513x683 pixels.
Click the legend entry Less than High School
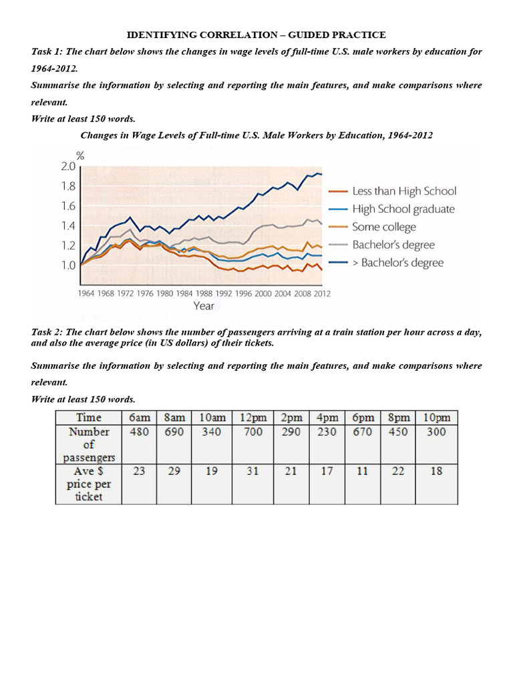404,191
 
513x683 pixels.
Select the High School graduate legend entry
403,209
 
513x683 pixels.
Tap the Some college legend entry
383,227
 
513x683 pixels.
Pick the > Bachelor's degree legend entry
397,263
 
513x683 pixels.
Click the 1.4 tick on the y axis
69,226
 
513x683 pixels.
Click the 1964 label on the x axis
86,293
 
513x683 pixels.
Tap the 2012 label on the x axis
322,293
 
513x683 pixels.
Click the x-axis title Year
204,306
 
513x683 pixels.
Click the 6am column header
140,418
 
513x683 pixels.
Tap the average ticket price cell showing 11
363,472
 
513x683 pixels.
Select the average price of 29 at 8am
174,472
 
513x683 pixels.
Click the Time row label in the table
89,418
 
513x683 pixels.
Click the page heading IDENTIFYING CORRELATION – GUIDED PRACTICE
256,35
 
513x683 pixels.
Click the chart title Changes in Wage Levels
256,135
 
